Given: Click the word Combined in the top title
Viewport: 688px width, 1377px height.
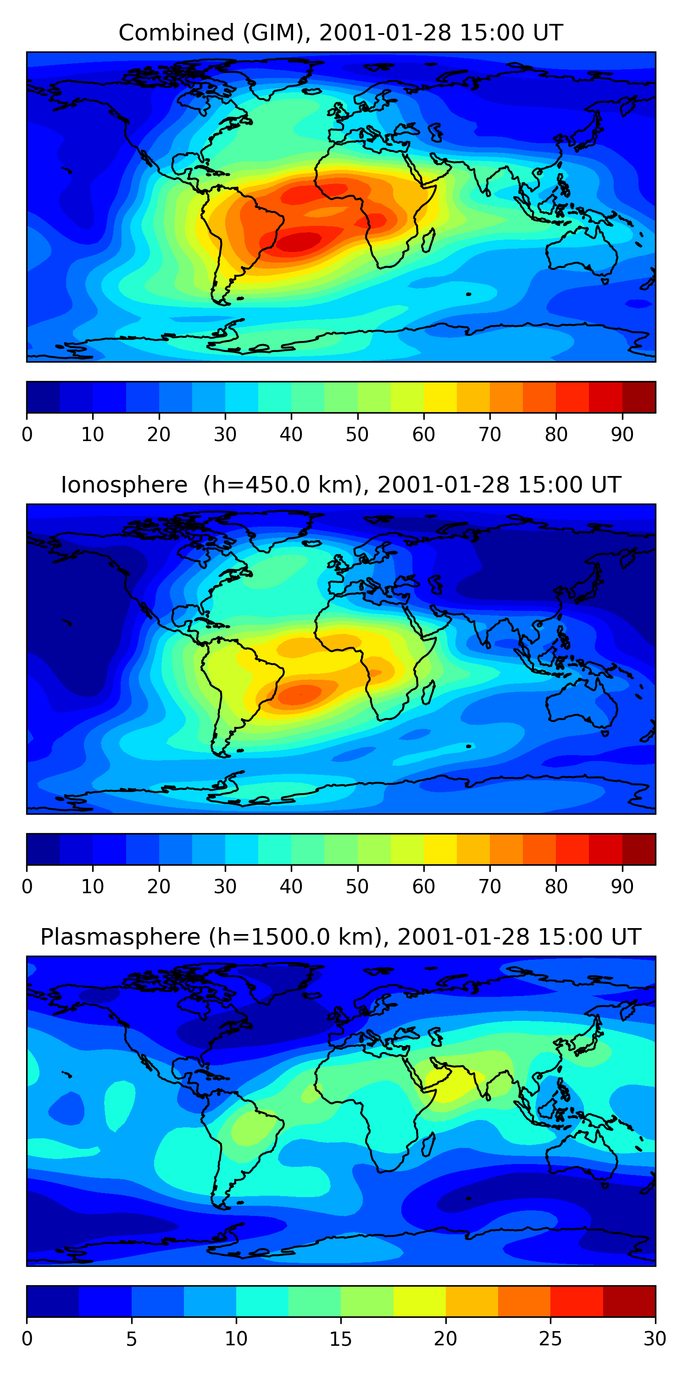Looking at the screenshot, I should point(176,33).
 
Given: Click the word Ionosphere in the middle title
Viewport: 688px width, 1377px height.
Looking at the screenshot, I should point(124,485).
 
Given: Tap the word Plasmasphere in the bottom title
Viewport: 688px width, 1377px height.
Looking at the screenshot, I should point(120,937).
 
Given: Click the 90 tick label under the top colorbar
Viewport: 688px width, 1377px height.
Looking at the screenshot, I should point(622,435).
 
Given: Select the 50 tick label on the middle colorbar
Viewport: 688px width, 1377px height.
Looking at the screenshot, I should point(357,887).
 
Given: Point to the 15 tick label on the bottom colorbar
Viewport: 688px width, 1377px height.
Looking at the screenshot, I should point(341,1339).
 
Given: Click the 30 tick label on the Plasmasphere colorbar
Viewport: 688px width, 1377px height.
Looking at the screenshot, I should point(655,1339).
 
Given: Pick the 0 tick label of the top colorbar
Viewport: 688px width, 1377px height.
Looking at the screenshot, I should point(27,435).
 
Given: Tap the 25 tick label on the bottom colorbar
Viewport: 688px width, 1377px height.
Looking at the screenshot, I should point(550,1339).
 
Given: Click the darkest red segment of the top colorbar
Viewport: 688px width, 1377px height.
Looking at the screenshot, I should point(639,397).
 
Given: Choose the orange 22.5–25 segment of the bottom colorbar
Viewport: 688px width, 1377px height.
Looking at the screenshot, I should point(524,1302).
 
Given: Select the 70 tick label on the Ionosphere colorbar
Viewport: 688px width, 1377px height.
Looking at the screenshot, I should point(490,887).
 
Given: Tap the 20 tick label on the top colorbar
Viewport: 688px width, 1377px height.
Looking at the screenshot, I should point(159,435).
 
